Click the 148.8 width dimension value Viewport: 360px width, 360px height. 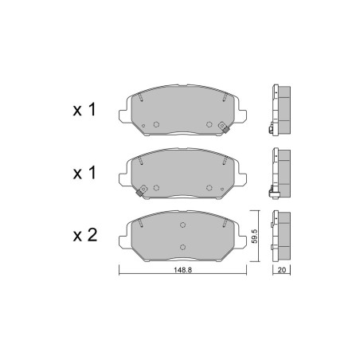tap(182, 270)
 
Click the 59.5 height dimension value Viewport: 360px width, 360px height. tap(254, 236)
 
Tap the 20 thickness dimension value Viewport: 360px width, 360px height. tap(281, 270)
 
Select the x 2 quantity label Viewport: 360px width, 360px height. tap(85, 235)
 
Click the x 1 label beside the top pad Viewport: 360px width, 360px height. tap(84, 110)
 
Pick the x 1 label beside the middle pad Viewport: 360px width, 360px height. tap(84, 173)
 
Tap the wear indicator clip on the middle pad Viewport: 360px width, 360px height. tap(142, 190)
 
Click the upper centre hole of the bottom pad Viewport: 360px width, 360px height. tap(182, 225)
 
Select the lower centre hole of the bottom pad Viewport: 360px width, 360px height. tap(182, 247)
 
